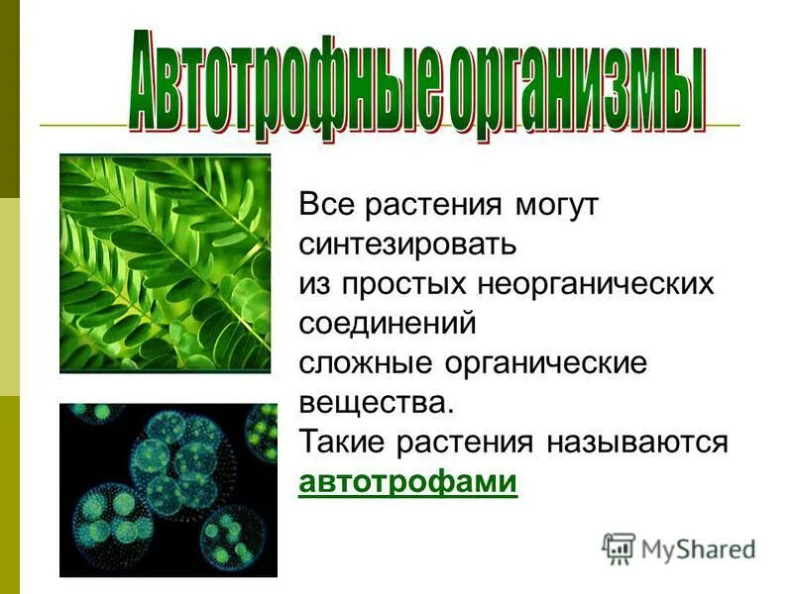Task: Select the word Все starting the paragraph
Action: click(327, 205)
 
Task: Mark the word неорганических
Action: click(598, 283)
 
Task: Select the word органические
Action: click(541, 362)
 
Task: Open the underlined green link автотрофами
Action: click(407, 482)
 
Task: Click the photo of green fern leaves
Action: click(165, 263)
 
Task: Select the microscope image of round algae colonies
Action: click(169, 488)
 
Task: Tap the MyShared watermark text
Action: click(698, 547)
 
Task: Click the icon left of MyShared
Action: click(619, 547)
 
